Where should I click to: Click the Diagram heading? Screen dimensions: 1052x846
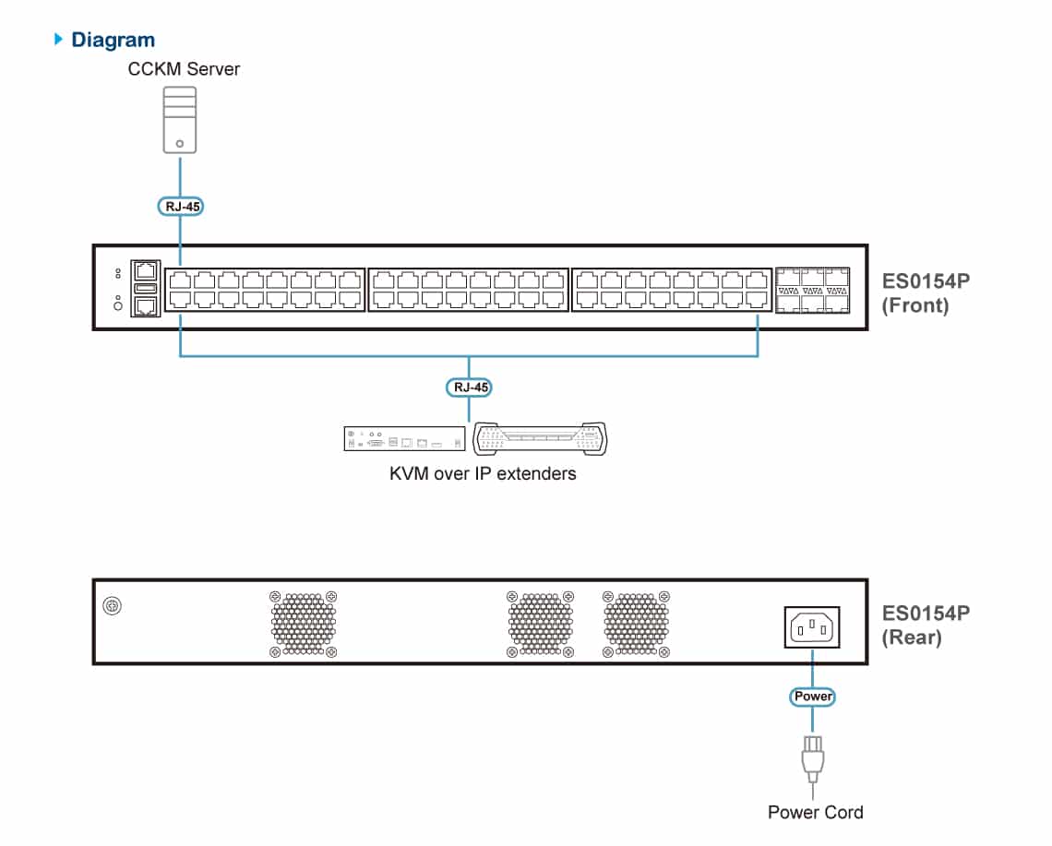coord(113,40)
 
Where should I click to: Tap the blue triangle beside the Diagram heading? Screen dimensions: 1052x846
coord(58,39)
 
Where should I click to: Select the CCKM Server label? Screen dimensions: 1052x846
coord(184,69)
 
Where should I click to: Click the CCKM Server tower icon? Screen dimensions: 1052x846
coord(180,120)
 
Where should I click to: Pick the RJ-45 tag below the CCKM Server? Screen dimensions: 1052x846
coord(181,207)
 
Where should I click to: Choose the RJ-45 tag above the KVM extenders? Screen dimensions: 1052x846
coord(469,387)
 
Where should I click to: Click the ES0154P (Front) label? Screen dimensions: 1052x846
coord(926,293)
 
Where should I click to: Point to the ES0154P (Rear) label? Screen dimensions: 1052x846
coord(926,626)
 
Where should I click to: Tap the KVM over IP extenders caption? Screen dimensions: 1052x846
coord(483,473)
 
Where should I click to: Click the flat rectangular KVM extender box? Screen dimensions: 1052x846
coord(404,439)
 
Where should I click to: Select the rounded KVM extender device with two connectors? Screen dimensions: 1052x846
coord(540,439)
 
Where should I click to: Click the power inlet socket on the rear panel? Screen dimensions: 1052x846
coord(812,627)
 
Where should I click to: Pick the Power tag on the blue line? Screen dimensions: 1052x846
coord(812,697)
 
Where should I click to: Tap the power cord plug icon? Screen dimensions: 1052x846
coord(812,758)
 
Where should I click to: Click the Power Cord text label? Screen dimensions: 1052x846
coord(815,813)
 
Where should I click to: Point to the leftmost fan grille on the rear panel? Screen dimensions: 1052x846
coord(304,624)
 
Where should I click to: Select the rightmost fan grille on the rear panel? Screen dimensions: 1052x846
coord(636,624)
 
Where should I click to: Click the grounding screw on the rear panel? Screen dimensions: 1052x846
coord(112,606)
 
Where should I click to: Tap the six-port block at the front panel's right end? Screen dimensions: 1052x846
coord(812,291)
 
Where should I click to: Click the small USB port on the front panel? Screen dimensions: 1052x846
coord(146,288)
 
